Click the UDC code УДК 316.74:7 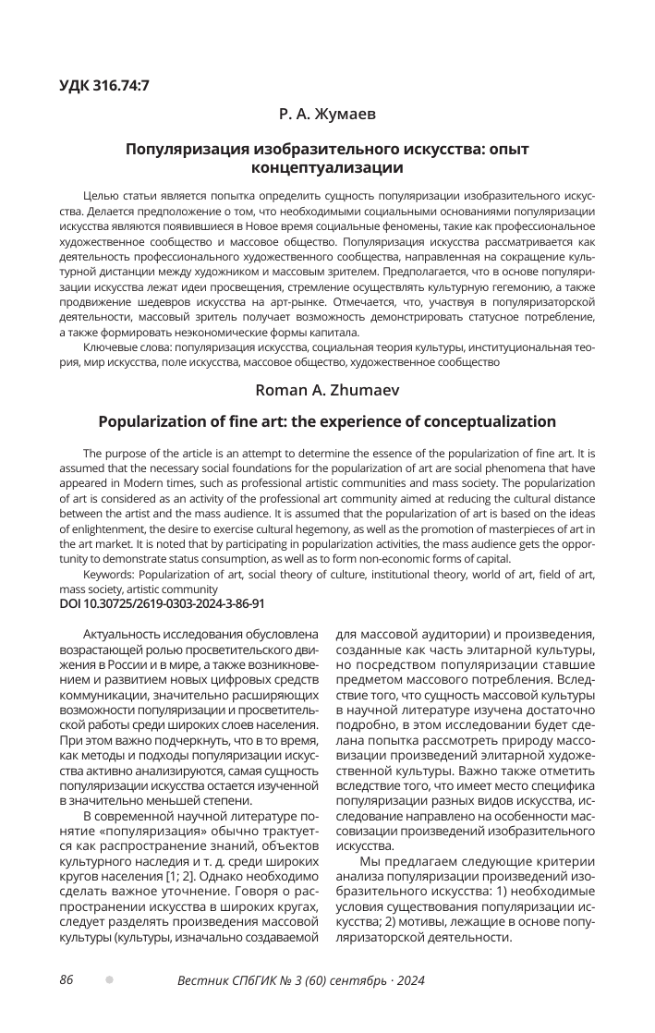pyautogui.click(x=104, y=86)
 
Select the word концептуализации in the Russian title pyautogui.click(x=327, y=168)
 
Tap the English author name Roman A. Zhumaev pyautogui.click(x=327, y=391)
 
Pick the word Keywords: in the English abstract pyautogui.click(x=108, y=575)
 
